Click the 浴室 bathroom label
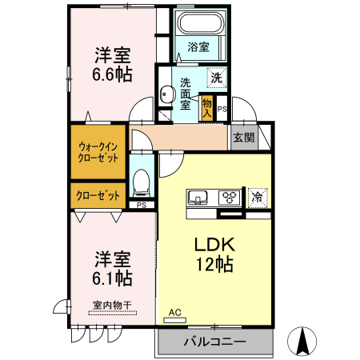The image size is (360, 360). (x=198, y=47)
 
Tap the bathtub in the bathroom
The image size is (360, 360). (x=198, y=25)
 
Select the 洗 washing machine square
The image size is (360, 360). (x=216, y=78)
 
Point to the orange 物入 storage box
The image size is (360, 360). (x=207, y=106)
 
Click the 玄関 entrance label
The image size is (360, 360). (x=243, y=138)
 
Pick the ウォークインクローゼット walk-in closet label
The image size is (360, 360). (x=98, y=152)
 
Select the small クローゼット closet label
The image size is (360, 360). (x=98, y=195)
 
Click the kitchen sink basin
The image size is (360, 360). (x=198, y=198)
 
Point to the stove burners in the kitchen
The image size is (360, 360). (x=230, y=197)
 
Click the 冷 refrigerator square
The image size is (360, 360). (x=258, y=196)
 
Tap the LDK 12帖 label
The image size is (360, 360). (x=213, y=254)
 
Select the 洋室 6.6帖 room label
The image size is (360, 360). (x=113, y=64)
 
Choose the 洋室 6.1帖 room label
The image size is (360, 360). (x=113, y=269)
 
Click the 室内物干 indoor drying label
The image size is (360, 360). (x=111, y=305)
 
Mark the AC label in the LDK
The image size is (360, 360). (x=175, y=313)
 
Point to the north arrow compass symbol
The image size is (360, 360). (x=304, y=342)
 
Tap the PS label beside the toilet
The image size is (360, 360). (x=141, y=206)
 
